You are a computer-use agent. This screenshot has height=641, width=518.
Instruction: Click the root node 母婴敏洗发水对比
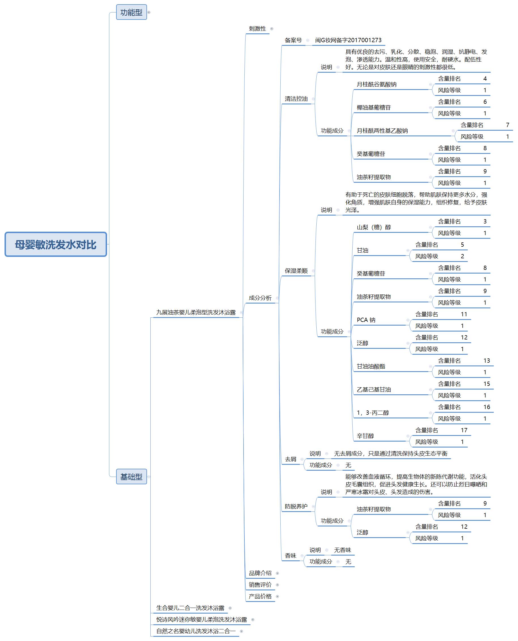click(x=56, y=244)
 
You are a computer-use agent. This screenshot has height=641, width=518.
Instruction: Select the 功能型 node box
click(x=131, y=12)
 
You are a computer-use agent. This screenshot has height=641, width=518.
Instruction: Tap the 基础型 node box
click(x=131, y=476)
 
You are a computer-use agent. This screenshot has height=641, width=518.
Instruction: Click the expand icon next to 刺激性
click(x=272, y=29)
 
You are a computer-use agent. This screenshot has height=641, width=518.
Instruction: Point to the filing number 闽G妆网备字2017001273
click(x=348, y=40)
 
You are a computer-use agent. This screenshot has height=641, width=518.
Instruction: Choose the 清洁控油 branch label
click(x=296, y=99)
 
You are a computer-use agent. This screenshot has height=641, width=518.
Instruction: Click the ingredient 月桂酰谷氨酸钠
click(x=377, y=84)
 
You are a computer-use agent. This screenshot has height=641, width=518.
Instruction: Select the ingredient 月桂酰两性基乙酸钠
click(x=382, y=130)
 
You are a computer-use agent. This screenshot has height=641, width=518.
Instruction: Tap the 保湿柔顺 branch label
click(x=296, y=271)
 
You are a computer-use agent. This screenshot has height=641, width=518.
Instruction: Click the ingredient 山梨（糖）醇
click(x=374, y=227)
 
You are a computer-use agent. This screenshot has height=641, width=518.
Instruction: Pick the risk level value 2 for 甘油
click(x=462, y=256)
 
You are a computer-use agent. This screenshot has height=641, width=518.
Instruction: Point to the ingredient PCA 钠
click(x=366, y=320)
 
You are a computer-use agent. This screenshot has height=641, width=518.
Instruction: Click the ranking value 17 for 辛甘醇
click(x=464, y=430)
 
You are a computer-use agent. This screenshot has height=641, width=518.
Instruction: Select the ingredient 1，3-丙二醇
click(x=373, y=413)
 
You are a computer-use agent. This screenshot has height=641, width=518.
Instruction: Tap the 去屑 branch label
click(x=290, y=459)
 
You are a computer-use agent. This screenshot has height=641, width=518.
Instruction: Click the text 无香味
click(x=343, y=550)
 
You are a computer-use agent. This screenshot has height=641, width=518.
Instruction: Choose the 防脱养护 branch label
click(x=296, y=506)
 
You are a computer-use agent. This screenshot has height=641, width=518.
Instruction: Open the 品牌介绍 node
click(x=260, y=573)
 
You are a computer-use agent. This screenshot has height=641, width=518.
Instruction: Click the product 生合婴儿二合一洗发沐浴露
click(x=190, y=608)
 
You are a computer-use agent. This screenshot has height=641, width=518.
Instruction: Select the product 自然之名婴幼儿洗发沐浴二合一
click(x=196, y=631)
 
